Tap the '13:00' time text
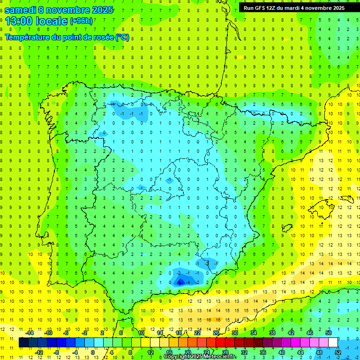click(22, 21)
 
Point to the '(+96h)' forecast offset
click(81, 21)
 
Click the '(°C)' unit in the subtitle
click(122, 37)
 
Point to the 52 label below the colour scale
click(337, 352)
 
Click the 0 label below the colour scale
click(92, 352)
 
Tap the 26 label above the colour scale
click(216, 333)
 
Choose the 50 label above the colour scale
click(328, 333)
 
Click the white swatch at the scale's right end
click(333, 343)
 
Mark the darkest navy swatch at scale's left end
click(23, 343)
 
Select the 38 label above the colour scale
click(272, 333)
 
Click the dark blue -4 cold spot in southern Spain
click(180, 282)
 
